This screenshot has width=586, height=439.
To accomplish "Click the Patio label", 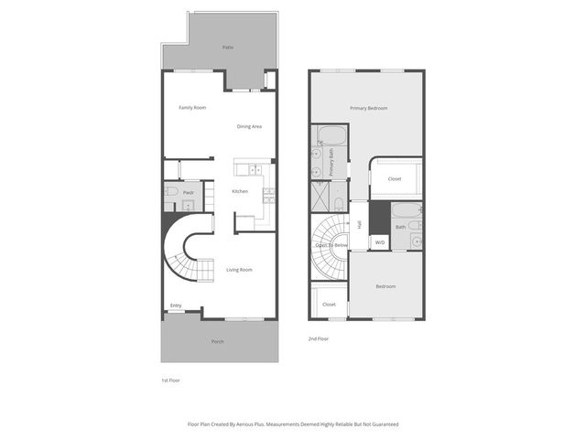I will (x=227, y=47).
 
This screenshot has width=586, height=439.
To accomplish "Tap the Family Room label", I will (x=192, y=108).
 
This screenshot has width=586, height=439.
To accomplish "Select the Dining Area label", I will (x=249, y=126).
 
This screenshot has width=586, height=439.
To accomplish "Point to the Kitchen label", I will (x=240, y=191).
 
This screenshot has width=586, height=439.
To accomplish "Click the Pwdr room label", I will (x=189, y=193).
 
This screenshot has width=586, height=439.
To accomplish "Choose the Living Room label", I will (x=239, y=270).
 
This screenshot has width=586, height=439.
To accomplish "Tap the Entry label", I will (x=176, y=305).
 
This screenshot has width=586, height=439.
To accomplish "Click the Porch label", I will (x=218, y=342).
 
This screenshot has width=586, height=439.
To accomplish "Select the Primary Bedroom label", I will (x=368, y=108).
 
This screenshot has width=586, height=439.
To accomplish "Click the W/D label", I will (x=380, y=242).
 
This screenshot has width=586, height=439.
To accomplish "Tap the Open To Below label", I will (x=331, y=245).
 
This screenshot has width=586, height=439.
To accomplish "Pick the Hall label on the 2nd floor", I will (x=360, y=224).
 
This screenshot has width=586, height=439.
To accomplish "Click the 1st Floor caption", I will (x=169, y=380).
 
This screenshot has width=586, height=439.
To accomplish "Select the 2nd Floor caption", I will (x=320, y=338).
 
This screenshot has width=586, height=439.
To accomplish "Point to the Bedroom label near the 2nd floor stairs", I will (x=385, y=286).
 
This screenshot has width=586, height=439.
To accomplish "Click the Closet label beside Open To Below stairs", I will (x=329, y=305).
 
